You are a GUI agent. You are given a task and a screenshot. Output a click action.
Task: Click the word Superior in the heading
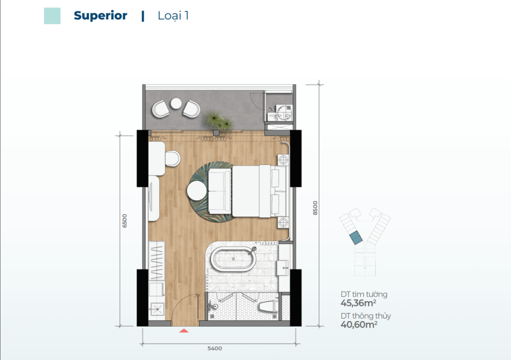tap(100, 15)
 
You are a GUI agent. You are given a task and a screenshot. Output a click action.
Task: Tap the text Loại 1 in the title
tap(173, 15)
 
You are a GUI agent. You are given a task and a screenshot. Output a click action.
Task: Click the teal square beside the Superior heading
tap(52, 16)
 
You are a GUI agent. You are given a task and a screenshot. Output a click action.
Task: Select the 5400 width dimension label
tap(215, 349)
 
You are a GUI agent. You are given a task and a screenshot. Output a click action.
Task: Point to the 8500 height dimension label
tap(315, 208)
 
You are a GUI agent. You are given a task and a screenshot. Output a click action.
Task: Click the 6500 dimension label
tap(124, 221)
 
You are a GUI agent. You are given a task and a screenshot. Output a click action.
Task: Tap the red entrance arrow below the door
tap(184, 331)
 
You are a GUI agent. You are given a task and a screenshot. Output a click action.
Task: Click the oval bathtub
tap(234, 259)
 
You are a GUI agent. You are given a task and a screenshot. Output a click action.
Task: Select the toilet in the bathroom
tap(268, 307)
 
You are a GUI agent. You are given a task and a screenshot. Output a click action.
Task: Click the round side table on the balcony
tap(176, 103)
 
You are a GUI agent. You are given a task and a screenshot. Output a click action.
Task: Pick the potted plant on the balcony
tap(219, 120)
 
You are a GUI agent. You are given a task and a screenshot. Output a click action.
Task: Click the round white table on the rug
tap(197, 191)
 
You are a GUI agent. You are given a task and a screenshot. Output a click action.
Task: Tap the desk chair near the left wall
tap(173, 158)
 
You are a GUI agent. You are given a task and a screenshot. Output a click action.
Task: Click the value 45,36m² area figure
tap(358, 303)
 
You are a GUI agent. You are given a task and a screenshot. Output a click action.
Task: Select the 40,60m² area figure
tap(359, 325)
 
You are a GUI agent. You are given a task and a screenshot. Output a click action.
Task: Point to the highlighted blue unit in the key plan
tap(355, 238)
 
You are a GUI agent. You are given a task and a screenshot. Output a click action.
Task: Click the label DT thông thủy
tap(366, 316)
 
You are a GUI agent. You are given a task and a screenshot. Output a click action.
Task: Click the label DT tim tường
tap(364, 295)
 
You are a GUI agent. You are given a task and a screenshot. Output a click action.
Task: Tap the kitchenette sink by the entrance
tap(157, 309)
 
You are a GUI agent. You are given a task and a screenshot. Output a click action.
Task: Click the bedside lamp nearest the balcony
tap(283, 160)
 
